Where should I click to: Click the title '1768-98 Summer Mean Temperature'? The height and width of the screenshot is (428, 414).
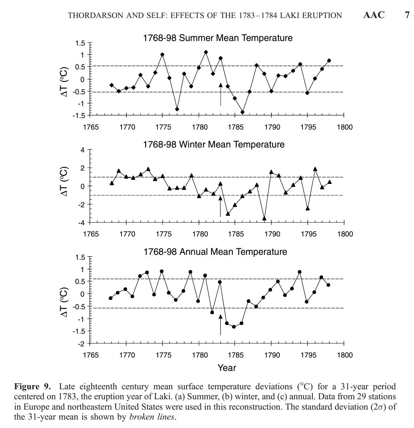[217, 38]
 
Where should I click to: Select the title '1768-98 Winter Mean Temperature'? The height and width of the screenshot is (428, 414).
[214, 144]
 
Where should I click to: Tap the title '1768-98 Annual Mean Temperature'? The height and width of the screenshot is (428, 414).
[215, 252]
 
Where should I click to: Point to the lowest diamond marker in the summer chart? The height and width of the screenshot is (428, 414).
[242, 112]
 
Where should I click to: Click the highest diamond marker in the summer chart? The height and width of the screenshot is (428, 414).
[206, 52]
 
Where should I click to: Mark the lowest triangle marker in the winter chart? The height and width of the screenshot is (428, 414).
[264, 218]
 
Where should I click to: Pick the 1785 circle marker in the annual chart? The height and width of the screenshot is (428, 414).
[234, 327]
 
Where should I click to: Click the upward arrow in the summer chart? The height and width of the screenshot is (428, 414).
[220, 94]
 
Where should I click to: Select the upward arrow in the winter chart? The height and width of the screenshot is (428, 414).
[220, 206]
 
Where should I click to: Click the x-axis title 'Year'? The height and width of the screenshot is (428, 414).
[227, 368]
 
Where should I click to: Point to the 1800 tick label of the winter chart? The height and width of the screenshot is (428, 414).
[344, 234]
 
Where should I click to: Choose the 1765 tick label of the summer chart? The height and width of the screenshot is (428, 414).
[90, 127]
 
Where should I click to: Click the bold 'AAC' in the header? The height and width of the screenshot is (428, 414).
[373, 15]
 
